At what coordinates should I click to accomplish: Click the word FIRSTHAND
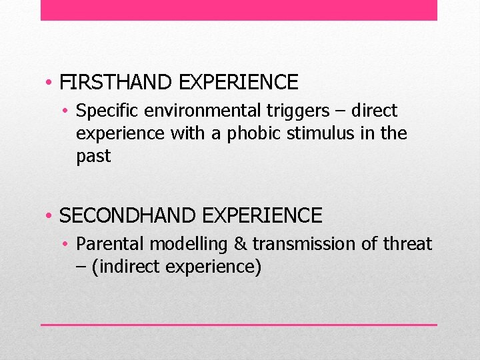point(107,83)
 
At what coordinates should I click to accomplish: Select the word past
point(93,157)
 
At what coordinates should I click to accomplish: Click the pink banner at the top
point(239,10)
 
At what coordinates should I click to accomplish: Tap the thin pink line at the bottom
point(239,325)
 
